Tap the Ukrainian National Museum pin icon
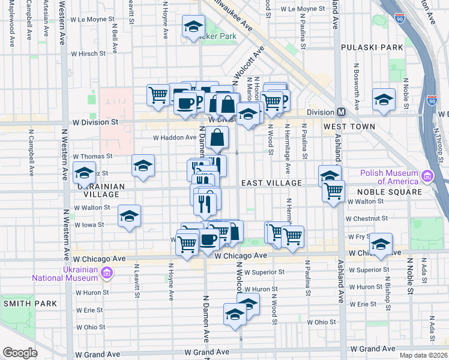point(107,274)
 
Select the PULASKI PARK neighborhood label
point(372,47)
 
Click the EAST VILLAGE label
point(271,182)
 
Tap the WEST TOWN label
point(349,127)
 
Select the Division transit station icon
point(341,112)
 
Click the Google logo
point(20,352)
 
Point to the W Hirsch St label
point(88,53)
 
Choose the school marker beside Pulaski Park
point(384,99)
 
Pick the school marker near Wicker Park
point(193,26)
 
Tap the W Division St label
point(94,122)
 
